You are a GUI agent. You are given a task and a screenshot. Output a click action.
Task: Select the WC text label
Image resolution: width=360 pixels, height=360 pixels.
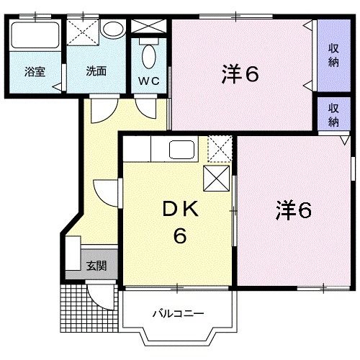(x=149, y=80)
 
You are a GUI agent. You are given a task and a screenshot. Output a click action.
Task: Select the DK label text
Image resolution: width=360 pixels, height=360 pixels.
(x=178, y=211)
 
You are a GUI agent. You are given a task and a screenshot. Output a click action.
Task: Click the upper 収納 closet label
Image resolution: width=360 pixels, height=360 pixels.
(x=334, y=55)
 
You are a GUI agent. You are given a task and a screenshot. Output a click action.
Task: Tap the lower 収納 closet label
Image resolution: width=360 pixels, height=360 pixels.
(x=334, y=114)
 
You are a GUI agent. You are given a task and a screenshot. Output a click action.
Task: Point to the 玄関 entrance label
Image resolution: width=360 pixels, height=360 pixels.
(x=96, y=266)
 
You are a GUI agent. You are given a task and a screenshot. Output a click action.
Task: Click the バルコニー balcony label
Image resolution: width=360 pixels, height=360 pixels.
(x=177, y=313)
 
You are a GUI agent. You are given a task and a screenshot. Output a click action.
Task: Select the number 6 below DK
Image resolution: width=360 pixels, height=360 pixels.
(x=178, y=235)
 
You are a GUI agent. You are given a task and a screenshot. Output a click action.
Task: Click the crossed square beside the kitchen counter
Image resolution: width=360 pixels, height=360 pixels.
(x=218, y=178)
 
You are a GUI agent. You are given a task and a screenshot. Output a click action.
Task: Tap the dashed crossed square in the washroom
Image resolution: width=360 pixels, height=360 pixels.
(x=82, y=33)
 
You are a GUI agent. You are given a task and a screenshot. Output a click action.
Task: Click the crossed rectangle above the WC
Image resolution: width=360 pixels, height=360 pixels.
(x=149, y=27)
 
